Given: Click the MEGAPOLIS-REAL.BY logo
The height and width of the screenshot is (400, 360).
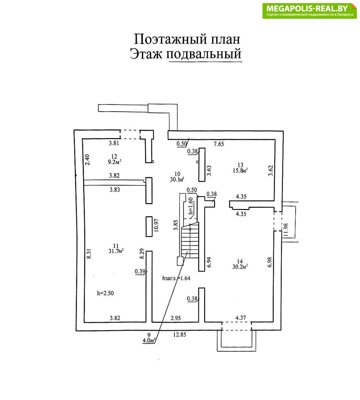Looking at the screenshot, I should pyautogui.click(x=309, y=11).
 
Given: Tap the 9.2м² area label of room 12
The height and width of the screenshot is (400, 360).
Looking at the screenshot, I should pyautogui.click(x=114, y=162).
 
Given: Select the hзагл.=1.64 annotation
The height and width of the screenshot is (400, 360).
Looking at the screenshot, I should pyautogui.click(x=176, y=277).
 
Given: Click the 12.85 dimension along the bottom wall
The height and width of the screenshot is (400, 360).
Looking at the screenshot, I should pyautogui.click(x=180, y=335).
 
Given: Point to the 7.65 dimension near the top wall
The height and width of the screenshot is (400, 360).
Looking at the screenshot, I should pyautogui.click(x=219, y=144).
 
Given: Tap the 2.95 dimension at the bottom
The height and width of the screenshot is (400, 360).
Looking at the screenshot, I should pyautogui.click(x=176, y=318).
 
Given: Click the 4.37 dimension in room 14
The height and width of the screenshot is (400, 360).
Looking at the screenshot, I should pyautogui.click(x=241, y=318).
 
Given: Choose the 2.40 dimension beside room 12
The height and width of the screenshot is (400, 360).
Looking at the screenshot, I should pyautogui.click(x=87, y=160).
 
